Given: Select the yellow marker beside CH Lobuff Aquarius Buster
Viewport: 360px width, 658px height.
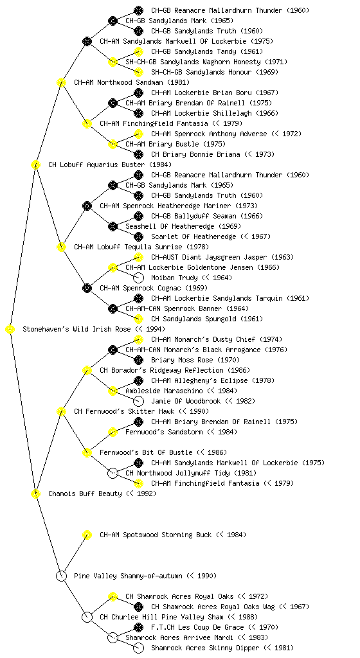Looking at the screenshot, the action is (x=35, y=164).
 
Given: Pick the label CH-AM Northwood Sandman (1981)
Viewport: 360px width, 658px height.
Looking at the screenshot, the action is (x=132, y=82).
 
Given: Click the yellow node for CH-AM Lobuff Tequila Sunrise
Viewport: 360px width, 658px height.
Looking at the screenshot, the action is (x=61, y=247).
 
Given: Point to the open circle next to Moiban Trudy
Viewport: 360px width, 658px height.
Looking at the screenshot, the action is (x=138, y=278).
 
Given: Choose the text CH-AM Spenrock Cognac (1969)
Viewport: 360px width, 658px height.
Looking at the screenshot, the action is (x=154, y=288).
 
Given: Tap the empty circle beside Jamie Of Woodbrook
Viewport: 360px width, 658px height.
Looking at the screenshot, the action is (x=138, y=401).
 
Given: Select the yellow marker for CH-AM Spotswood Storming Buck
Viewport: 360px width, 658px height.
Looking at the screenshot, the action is (x=87, y=535).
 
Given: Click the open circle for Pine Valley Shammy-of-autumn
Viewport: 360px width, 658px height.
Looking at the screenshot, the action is (x=61, y=576).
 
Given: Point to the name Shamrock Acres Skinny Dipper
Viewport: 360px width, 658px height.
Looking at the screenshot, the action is (x=205, y=648).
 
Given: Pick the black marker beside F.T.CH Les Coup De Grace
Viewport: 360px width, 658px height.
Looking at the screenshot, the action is (x=138, y=627).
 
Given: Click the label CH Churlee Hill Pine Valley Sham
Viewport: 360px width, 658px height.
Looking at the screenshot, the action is (x=161, y=617).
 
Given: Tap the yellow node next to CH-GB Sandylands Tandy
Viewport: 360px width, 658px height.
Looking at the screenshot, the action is (x=138, y=51).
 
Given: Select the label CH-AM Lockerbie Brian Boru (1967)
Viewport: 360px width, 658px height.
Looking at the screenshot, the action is (x=215, y=93).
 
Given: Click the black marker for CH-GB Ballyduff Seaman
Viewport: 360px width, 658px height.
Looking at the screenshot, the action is (x=138, y=216).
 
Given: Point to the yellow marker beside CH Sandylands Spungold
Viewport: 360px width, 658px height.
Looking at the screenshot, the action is (x=138, y=319).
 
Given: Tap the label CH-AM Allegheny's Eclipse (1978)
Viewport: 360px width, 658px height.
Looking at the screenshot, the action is (x=213, y=380).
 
